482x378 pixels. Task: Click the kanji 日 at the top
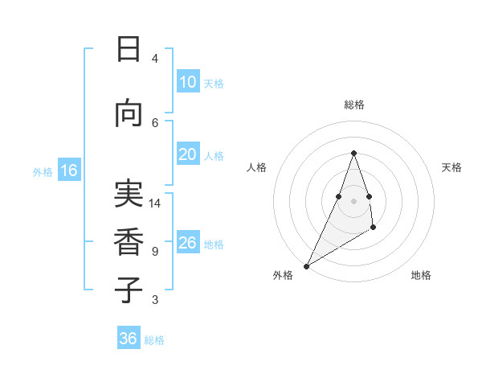(129, 50)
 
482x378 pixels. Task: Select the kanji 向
(129, 114)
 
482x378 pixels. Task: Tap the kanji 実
(129, 195)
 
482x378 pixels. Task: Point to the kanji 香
(129, 241)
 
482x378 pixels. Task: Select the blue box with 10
(188, 82)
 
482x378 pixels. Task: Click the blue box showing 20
(188, 155)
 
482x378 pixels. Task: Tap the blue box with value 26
(188, 243)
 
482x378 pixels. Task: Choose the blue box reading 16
(68, 171)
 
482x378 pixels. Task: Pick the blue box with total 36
(129, 339)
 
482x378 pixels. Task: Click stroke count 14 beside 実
(156, 203)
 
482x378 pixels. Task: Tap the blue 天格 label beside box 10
(214, 83)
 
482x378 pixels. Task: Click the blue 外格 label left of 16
(43, 171)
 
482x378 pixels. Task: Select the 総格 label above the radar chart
(353, 105)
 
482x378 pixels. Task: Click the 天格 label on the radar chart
(451, 167)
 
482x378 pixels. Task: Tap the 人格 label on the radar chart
(256, 167)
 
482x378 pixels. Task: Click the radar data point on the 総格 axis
(353, 153)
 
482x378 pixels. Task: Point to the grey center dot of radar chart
(353, 201)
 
